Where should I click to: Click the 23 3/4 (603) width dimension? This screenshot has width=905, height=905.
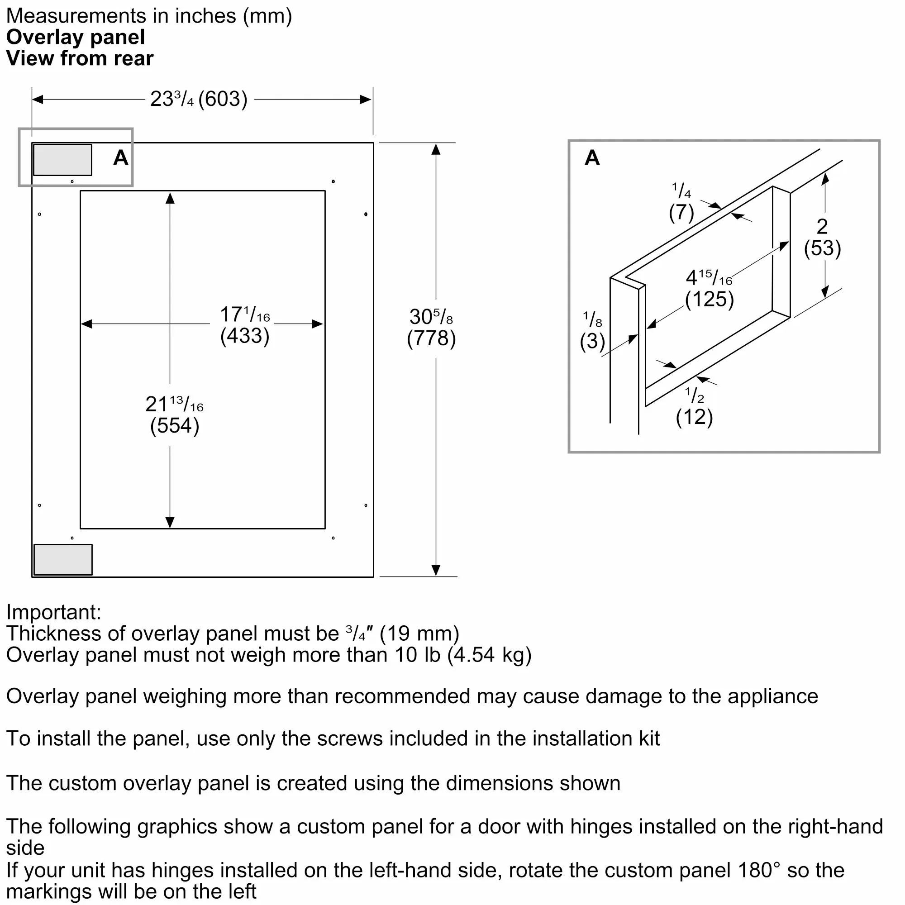click(x=199, y=99)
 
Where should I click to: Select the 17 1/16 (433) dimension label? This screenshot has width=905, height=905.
click(x=244, y=324)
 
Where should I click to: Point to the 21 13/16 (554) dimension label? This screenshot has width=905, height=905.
click(x=174, y=414)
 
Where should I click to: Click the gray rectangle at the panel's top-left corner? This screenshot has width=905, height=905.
click(x=63, y=160)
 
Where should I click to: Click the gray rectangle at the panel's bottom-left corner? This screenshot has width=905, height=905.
click(x=63, y=559)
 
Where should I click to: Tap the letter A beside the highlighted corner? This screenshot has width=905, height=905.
click(x=121, y=158)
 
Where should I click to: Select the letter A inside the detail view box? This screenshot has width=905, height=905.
click(x=592, y=158)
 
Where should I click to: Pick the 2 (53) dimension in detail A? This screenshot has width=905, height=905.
click(x=822, y=238)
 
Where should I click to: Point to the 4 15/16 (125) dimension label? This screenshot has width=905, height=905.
click(x=709, y=289)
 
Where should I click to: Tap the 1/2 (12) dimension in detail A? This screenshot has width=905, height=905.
click(x=694, y=407)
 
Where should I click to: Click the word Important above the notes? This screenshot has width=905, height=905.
click(x=53, y=612)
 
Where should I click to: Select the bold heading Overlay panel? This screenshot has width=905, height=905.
click(x=76, y=37)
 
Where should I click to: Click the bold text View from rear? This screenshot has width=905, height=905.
click(x=80, y=58)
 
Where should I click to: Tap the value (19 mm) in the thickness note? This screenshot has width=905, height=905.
click(x=419, y=634)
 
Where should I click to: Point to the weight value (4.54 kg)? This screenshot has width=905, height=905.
click(x=489, y=655)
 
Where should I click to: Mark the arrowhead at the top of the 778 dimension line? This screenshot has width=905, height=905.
click(x=436, y=149)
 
